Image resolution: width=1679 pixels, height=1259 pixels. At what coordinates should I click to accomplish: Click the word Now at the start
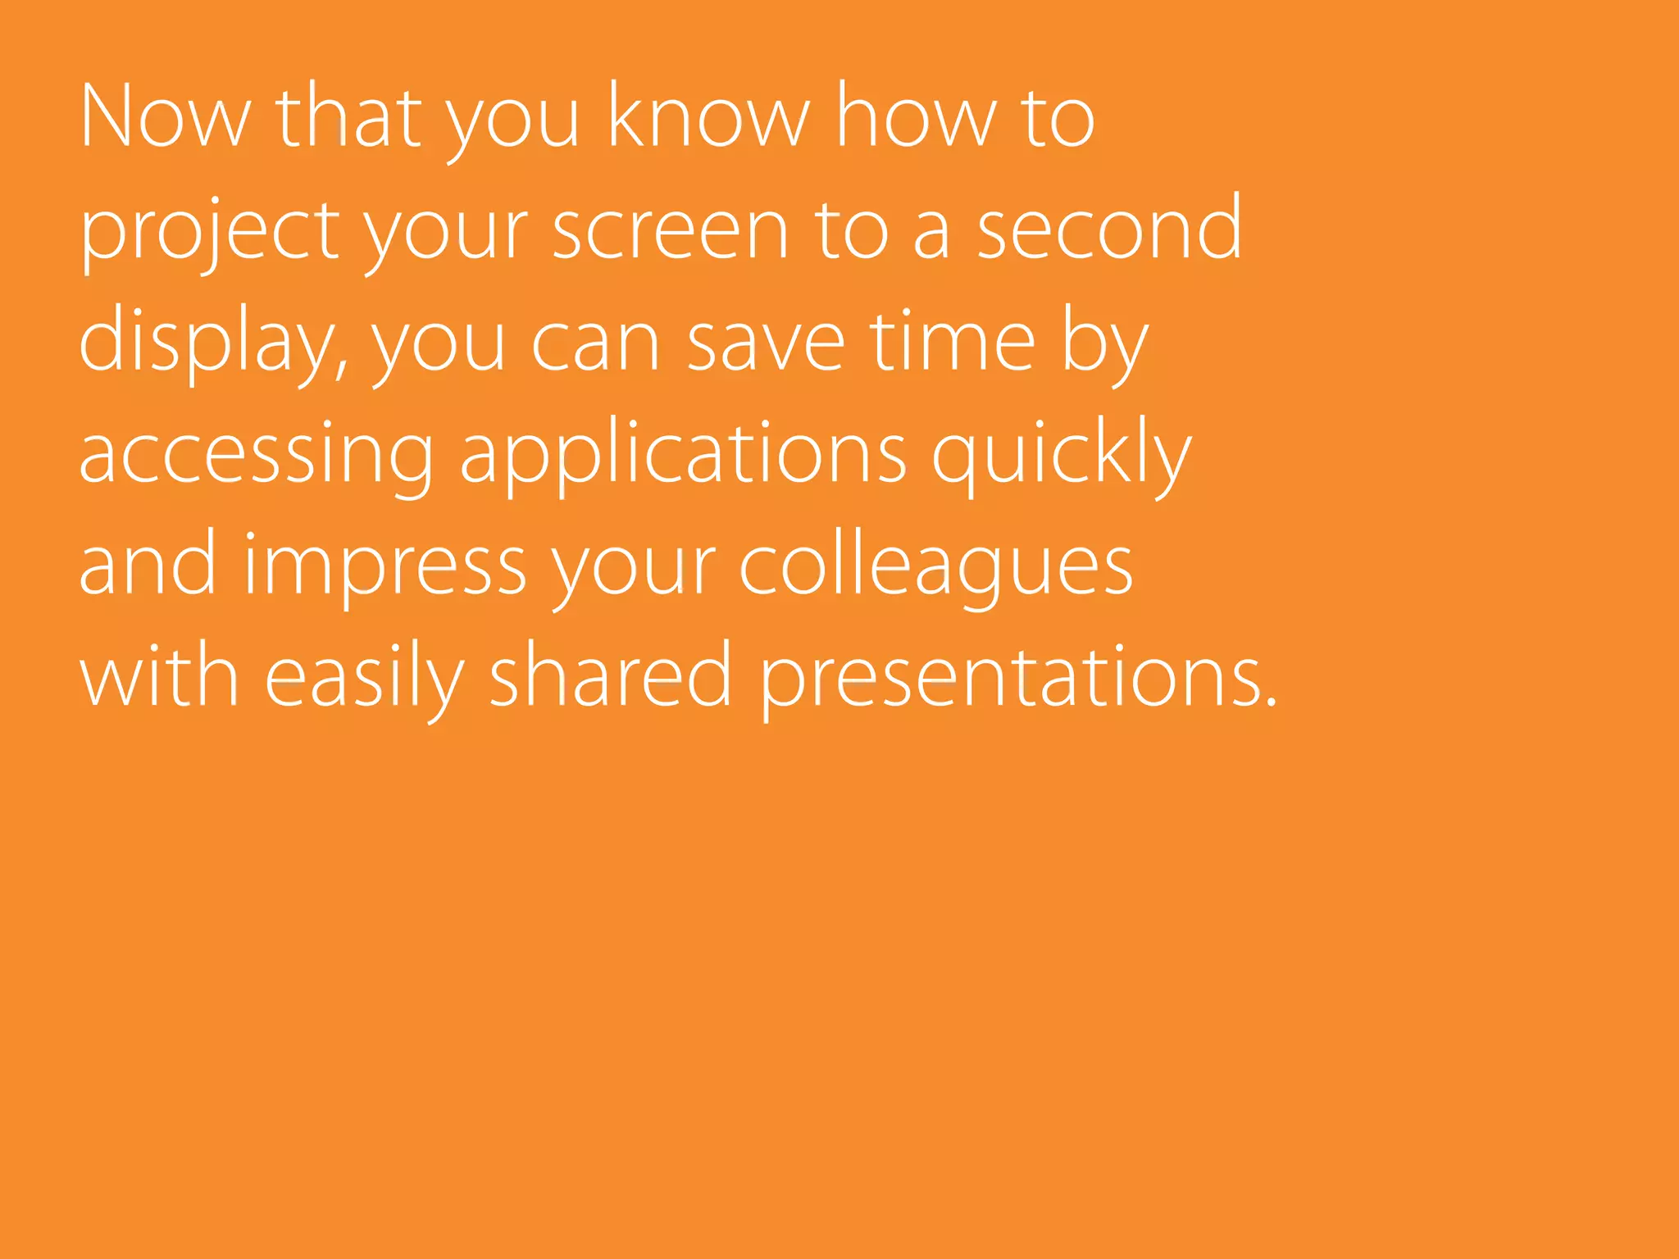(164, 116)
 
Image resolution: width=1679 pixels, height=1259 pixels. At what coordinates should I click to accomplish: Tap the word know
(708, 116)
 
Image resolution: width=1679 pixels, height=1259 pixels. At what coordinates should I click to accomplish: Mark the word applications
(683, 456)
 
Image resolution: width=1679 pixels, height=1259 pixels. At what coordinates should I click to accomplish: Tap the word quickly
(1062, 456)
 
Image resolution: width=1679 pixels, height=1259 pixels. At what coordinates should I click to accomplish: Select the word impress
(384, 567)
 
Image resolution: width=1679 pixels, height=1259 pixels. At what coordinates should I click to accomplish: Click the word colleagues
(936, 567)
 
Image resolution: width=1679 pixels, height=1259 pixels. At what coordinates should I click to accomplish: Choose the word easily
(365, 679)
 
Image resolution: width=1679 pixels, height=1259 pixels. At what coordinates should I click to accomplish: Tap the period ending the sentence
(1271, 702)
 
